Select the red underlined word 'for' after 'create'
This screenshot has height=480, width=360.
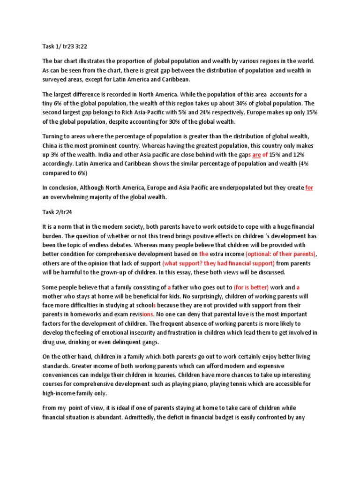pyautogui.click(x=309, y=188)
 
